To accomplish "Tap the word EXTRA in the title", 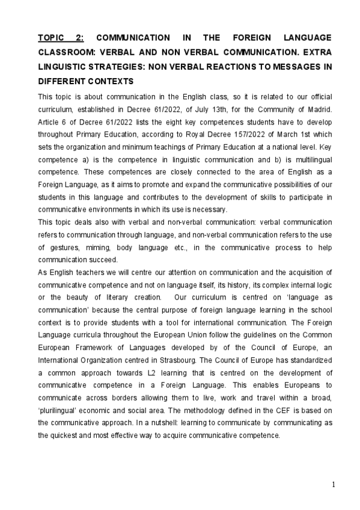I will pyautogui.click(x=317, y=52).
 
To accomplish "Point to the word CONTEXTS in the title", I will pyautogui.click(x=110, y=81).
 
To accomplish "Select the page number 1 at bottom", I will pyautogui.click(x=333, y=485).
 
